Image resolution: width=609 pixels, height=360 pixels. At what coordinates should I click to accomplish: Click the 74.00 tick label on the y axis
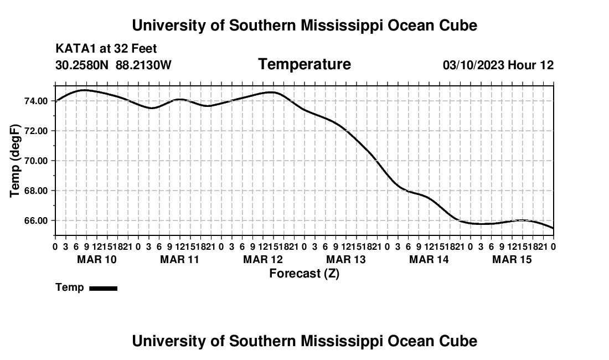click(36, 101)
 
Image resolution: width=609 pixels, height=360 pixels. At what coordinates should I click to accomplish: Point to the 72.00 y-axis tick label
click(36, 131)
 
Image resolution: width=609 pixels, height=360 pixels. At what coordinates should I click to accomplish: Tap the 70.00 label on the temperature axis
click(36, 161)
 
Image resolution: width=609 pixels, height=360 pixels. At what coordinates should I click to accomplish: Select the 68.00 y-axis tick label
click(36, 191)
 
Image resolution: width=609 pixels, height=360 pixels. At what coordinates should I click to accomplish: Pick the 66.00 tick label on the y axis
click(36, 220)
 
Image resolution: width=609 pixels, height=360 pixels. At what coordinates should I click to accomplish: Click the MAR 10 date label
click(97, 259)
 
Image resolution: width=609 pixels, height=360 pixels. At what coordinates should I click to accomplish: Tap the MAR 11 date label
click(179, 259)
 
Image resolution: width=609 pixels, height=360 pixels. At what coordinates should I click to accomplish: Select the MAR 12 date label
click(263, 259)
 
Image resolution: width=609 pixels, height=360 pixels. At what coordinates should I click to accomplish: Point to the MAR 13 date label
click(346, 259)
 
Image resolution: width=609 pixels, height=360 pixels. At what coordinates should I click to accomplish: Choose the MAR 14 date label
click(429, 259)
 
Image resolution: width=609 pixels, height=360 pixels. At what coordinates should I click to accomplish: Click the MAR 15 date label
click(512, 259)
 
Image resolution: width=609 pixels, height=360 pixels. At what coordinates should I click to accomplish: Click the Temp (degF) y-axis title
click(15, 161)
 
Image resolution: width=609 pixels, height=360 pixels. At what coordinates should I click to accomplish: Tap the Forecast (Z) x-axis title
click(304, 274)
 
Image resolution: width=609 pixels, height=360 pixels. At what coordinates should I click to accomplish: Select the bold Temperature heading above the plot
click(304, 64)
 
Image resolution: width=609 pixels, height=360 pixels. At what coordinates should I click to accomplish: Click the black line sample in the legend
click(104, 288)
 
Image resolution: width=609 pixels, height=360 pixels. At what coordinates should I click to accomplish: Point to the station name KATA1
click(76, 49)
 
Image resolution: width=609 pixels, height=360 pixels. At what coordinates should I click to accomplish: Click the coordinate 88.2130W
click(143, 65)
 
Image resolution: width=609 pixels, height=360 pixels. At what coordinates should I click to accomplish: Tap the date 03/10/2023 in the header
click(473, 65)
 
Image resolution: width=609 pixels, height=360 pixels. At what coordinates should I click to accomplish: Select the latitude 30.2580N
click(82, 65)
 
